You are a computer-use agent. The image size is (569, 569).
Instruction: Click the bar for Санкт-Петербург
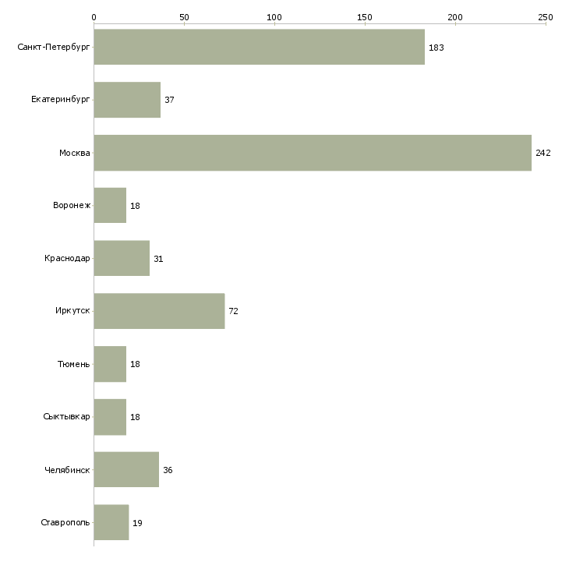pos(259,47)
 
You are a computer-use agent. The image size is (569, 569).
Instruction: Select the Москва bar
pos(312,153)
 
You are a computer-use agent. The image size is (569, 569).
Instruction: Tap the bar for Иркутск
pos(159,311)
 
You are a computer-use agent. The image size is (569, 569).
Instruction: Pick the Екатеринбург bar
pos(127,100)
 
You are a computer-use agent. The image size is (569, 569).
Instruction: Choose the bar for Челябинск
pos(126,470)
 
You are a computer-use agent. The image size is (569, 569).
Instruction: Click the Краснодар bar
pos(122,258)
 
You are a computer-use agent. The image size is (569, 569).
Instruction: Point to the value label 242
pos(543,153)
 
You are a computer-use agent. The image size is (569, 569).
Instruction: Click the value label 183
pos(436,48)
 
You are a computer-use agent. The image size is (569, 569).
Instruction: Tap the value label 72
pos(233,311)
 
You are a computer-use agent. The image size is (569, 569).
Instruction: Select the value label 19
pos(137,523)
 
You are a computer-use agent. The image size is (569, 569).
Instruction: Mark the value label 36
pos(168,470)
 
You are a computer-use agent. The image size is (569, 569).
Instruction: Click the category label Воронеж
pos(72,206)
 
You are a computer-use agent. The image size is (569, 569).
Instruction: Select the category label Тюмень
pos(74,364)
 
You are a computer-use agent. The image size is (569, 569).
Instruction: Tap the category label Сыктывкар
pos(67,417)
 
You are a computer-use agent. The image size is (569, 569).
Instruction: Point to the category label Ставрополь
pos(65,522)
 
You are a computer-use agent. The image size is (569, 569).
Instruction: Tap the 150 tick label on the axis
pos(365,16)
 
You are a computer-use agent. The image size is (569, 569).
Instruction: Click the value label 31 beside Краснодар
pos(158,259)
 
